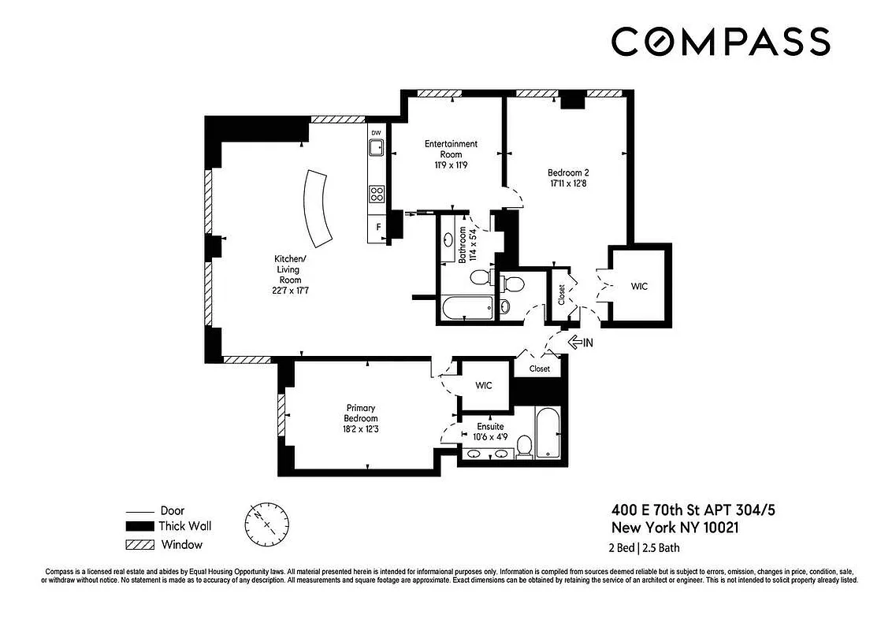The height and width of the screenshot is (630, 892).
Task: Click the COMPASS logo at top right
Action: coord(720,42)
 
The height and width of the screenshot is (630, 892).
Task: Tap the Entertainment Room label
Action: coord(451,149)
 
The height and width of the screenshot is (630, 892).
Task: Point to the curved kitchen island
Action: coord(319,207)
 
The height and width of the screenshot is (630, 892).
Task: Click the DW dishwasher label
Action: coord(376,132)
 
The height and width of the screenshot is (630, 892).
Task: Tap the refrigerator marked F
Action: coord(378,228)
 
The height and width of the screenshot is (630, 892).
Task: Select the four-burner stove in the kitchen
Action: coord(377,193)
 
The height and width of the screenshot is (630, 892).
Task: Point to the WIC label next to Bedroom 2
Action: coord(639,287)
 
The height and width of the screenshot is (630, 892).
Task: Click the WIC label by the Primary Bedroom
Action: coord(483,385)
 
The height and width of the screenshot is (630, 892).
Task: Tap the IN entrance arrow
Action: coord(581,342)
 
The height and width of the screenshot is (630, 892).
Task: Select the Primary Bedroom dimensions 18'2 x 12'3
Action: coord(362,428)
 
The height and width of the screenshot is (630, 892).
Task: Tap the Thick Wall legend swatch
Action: coord(139,527)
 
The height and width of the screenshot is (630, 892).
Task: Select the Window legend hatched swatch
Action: coord(139,544)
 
